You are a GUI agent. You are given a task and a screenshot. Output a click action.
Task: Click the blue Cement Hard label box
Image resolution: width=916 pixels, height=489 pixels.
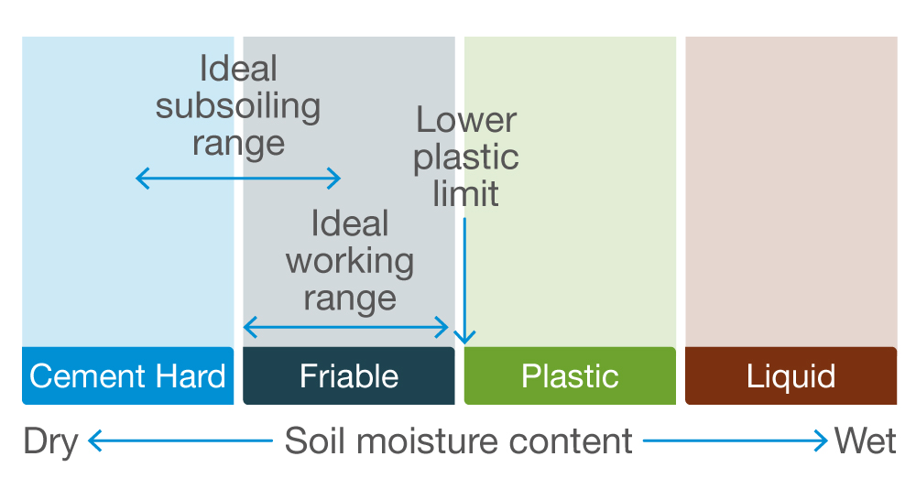tap(127, 375)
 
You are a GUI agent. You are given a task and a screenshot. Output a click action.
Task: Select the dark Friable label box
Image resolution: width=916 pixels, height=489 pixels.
tap(349, 375)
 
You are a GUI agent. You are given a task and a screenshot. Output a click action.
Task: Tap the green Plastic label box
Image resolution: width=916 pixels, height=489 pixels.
tap(570, 375)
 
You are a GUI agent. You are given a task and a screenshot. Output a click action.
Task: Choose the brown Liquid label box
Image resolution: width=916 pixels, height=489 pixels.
tap(791, 375)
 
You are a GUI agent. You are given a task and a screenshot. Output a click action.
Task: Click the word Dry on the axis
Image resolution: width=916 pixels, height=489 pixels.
tap(50, 441)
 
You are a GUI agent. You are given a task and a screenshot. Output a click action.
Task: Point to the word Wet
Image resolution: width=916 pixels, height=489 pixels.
tap(865, 441)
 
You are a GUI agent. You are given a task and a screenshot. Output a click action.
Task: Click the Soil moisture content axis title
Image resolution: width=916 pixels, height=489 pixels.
tap(458, 441)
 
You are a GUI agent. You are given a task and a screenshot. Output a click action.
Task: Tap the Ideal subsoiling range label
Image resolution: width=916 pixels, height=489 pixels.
tap(238, 106)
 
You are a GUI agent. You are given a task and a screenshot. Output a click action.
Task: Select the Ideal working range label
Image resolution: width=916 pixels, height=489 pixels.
tap(350, 262)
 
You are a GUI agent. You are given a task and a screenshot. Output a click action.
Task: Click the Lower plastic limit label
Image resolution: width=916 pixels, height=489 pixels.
tap(466, 157)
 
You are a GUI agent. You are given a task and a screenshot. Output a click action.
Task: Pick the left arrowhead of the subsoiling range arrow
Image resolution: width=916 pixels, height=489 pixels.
tap(139, 178)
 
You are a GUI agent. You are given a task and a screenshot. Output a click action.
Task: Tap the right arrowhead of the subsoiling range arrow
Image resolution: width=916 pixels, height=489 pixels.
tap(337, 178)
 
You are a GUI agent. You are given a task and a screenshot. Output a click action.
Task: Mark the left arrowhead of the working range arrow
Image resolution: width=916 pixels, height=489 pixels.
tap(247, 326)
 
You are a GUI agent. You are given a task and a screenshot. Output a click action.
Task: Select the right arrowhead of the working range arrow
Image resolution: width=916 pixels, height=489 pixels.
tap(445, 326)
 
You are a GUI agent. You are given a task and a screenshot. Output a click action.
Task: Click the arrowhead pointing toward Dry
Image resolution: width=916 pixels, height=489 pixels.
tap(92, 442)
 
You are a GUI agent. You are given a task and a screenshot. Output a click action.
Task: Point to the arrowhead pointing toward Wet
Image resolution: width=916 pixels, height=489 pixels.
tap(823, 442)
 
